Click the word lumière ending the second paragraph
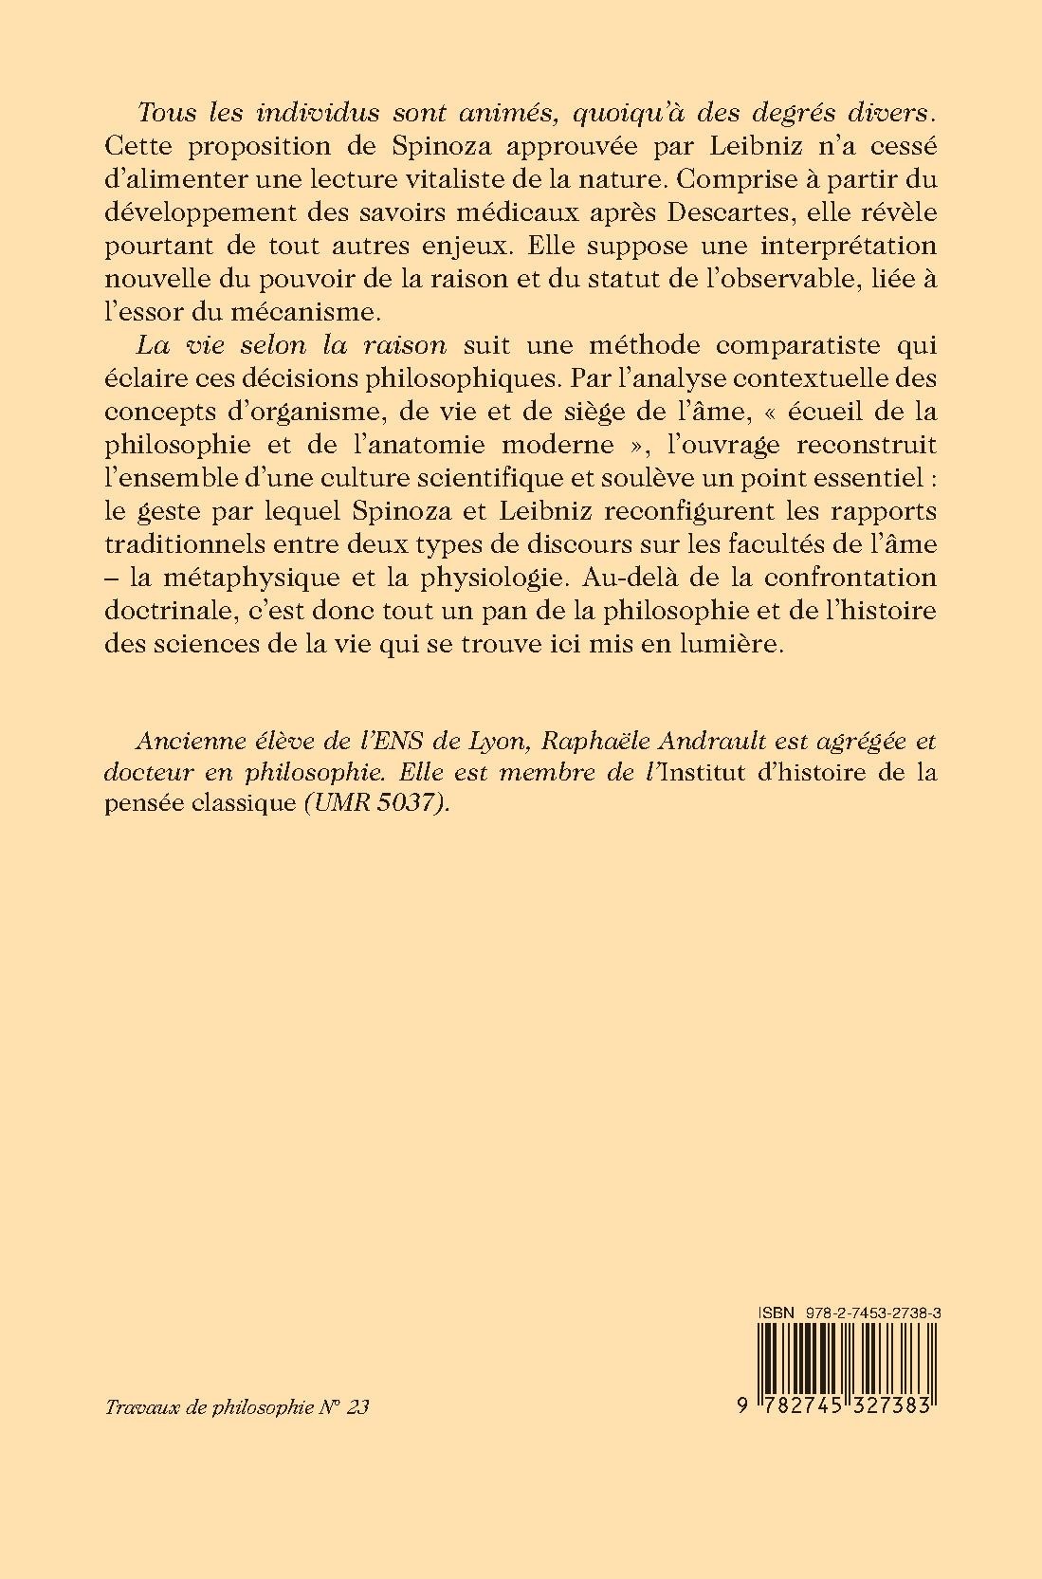(x=722, y=644)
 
